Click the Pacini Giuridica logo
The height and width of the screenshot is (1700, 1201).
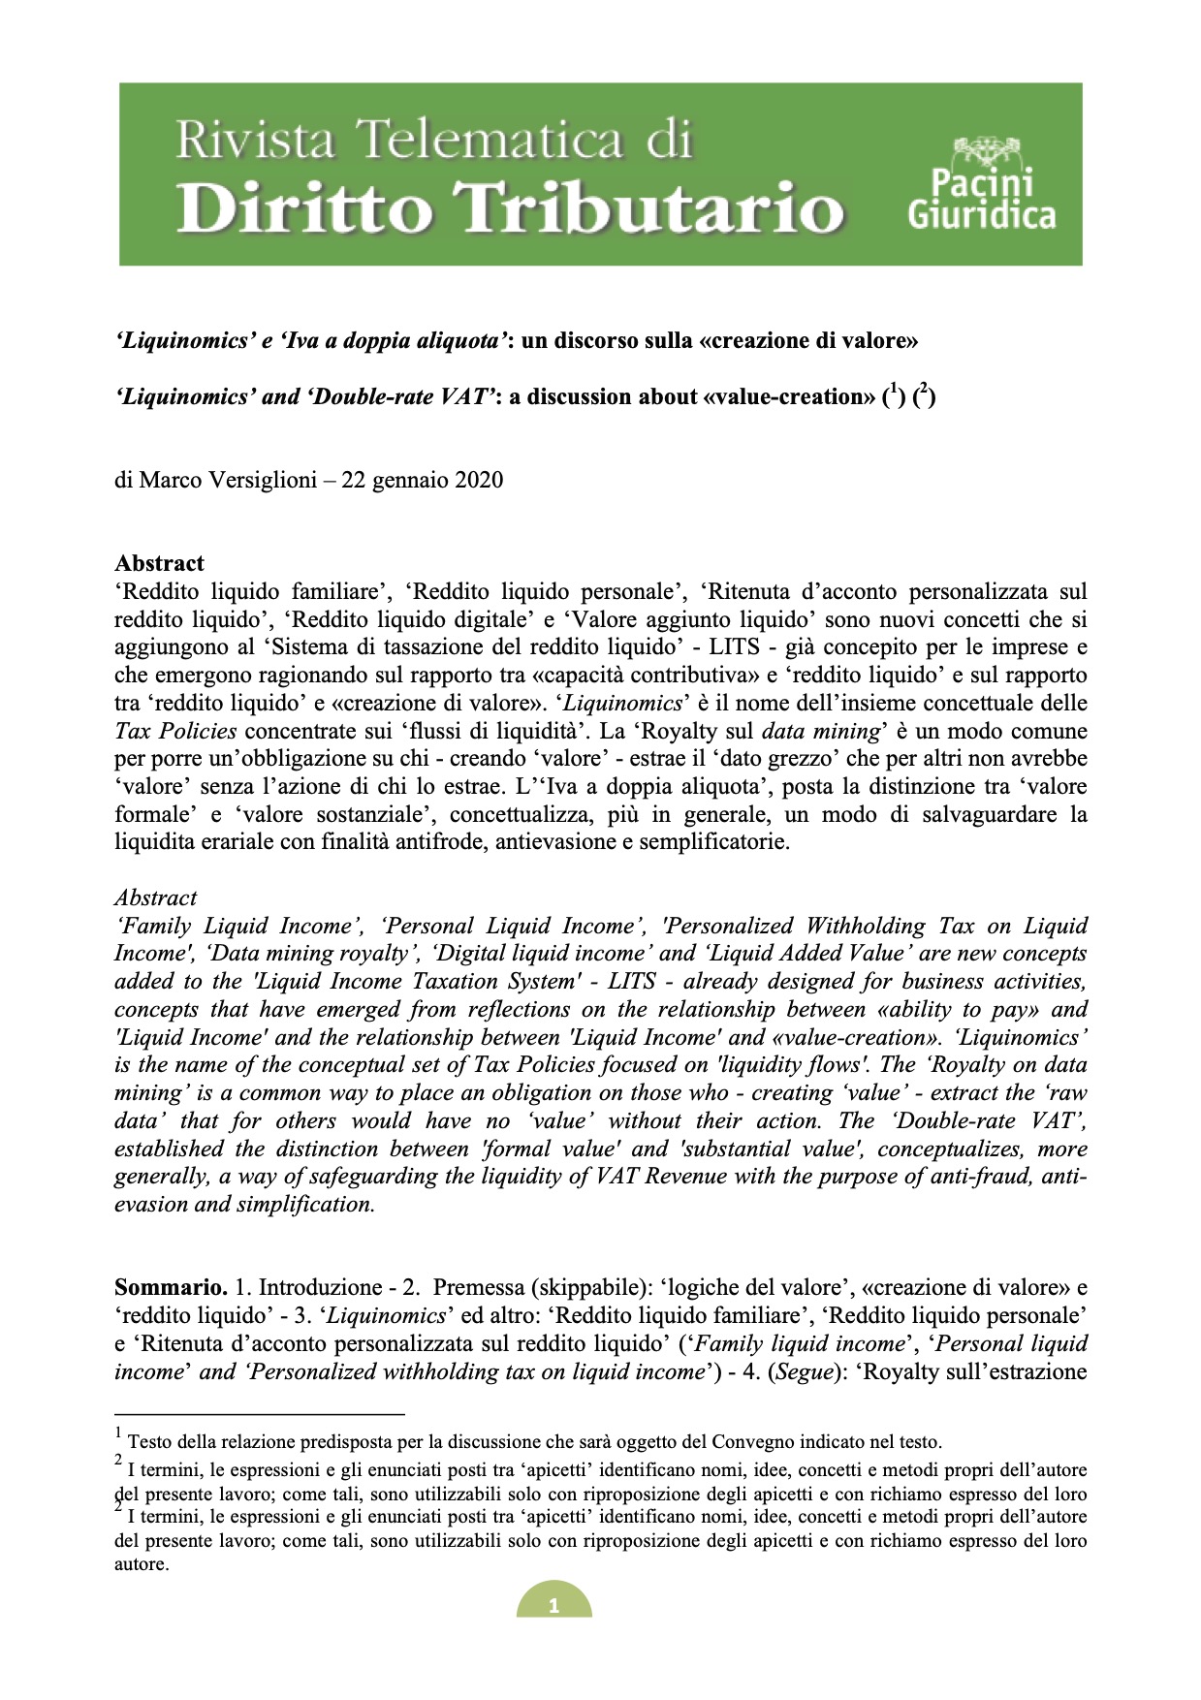(981, 184)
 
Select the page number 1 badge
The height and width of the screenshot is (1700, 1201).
(553, 1605)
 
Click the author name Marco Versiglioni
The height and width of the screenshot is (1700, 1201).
(228, 480)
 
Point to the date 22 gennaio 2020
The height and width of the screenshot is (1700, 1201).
(422, 480)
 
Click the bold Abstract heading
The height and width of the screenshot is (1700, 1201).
(159, 563)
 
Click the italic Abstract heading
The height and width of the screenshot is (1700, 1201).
(155, 897)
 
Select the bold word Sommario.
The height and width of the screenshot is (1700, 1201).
(171, 1287)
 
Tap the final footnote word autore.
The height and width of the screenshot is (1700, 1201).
(141, 1563)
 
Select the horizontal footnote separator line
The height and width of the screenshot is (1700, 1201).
(259, 1414)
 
